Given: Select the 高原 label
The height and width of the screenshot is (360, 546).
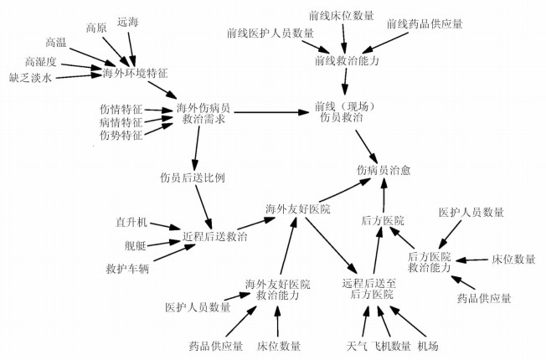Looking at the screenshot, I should click(97, 28).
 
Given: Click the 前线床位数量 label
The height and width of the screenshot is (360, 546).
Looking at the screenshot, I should click(342, 13).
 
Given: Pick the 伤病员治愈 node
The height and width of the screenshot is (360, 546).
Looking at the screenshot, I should click(384, 170).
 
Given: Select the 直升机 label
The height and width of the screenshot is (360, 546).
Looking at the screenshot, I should click(131, 223).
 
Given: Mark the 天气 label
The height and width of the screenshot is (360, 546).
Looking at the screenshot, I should click(356, 346).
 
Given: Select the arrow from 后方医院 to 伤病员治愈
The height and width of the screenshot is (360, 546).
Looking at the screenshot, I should click(384, 197).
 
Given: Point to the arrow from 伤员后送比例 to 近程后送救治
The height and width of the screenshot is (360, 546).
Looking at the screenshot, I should click(201, 204).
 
